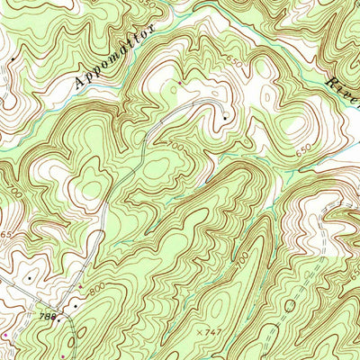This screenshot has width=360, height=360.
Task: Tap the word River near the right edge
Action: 339,92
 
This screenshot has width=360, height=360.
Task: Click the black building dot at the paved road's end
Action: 223,118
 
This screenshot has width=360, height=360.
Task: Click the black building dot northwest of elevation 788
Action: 30,279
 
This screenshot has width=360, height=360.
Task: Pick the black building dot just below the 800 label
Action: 76,305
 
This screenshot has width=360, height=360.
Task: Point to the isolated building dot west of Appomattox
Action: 14,59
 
